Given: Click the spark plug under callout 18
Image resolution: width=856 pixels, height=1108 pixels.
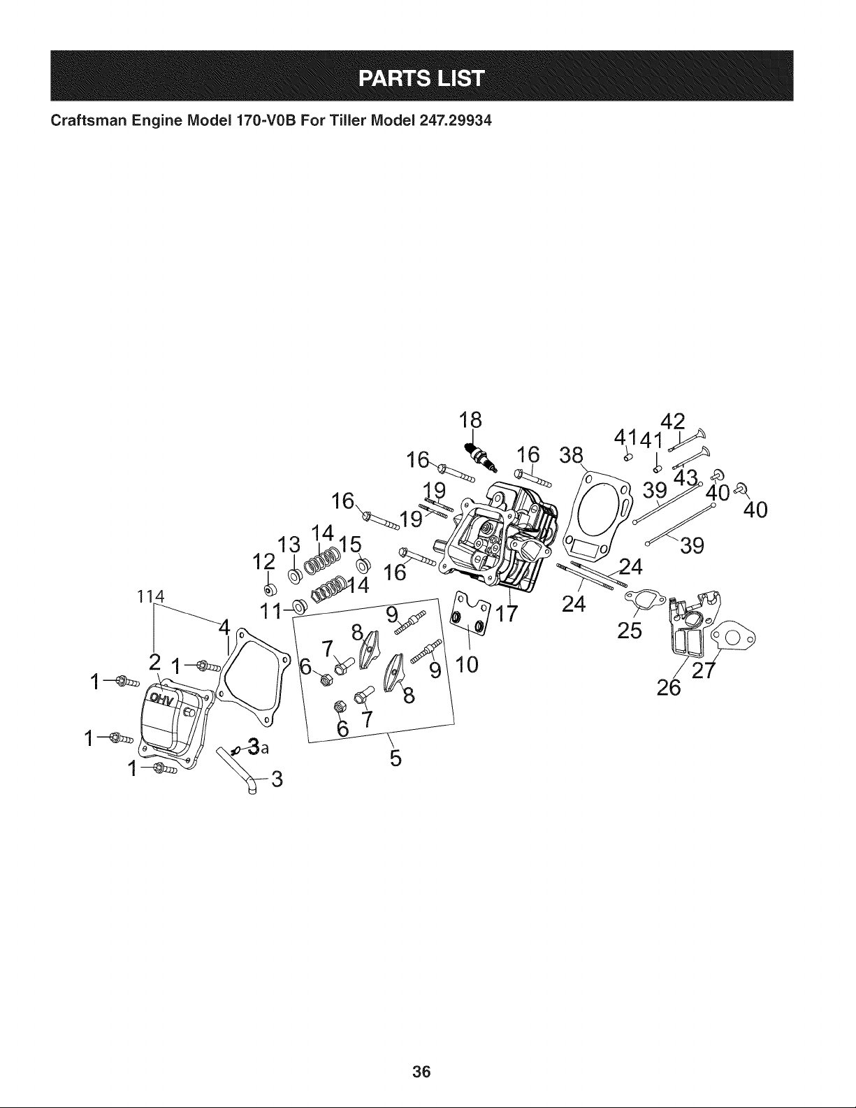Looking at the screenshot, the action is click(x=482, y=457).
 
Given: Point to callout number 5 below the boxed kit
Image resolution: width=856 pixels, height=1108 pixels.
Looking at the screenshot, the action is click(x=396, y=758).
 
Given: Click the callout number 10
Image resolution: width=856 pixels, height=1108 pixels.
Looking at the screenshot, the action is click(x=467, y=664).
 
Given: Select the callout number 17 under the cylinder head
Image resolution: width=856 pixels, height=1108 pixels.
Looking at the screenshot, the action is click(x=507, y=614).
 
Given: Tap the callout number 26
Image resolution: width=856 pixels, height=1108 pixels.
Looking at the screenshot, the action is click(x=669, y=688).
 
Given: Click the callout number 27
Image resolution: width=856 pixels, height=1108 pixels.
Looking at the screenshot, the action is click(x=704, y=670).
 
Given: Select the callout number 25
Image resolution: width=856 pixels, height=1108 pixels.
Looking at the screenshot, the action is click(x=630, y=631).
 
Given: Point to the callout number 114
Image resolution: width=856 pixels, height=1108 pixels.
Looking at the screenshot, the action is click(x=151, y=596).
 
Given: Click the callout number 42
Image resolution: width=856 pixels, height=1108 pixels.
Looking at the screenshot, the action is click(x=672, y=422).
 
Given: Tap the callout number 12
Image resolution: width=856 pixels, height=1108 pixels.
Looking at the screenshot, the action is click(x=264, y=562).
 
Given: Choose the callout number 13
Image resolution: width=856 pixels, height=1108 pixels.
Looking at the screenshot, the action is click(x=289, y=545).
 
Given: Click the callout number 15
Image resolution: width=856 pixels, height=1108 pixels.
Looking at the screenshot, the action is click(x=350, y=544).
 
